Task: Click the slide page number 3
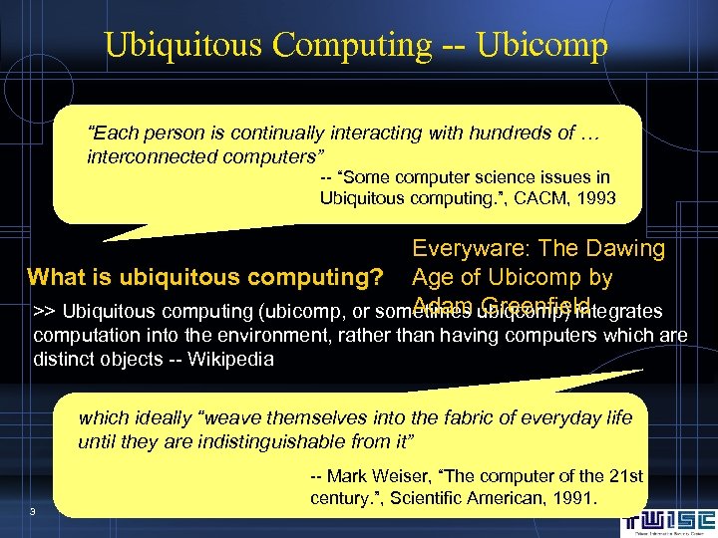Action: click(33, 512)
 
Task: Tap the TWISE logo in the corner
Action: click(669, 520)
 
